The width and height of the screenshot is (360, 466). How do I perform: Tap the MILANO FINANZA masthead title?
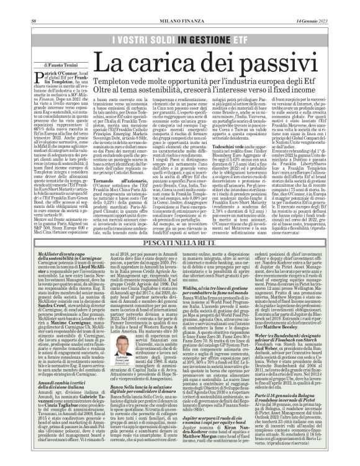point(180,5)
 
